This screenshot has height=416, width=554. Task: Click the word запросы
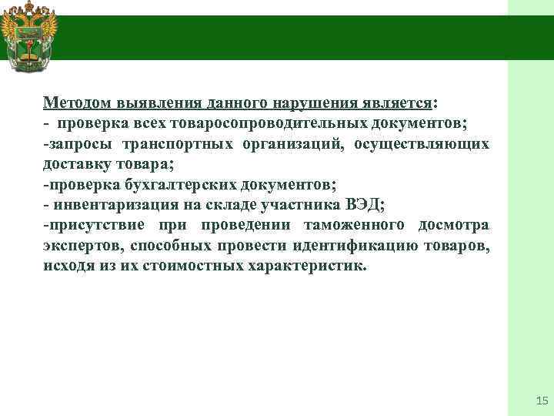(x=74, y=144)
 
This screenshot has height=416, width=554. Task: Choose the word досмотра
(x=453, y=226)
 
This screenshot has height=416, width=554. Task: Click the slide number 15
(x=540, y=401)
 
